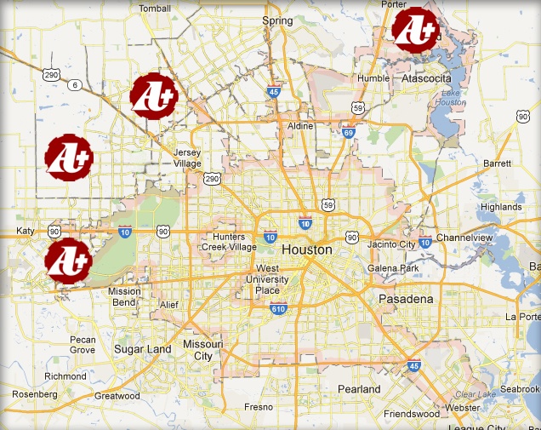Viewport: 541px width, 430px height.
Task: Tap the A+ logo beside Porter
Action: tap(414, 28)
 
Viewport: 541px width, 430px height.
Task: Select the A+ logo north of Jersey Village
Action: tap(153, 95)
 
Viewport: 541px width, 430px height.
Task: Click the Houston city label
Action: tap(307, 250)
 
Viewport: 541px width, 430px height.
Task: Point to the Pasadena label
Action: tap(407, 299)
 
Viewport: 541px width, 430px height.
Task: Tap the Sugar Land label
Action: tap(143, 349)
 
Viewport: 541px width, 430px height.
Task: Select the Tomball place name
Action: tap(155, 9)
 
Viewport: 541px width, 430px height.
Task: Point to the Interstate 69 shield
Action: tap(349, 132)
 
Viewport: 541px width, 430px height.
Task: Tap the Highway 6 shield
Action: tap(75, 84)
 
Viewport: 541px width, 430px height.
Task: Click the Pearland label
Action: tap(359, 389)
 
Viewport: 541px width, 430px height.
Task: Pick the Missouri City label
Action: tap(202, 350)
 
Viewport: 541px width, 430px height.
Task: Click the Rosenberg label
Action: tap(35, 394)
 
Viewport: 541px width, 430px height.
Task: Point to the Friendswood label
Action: tap(409, 413)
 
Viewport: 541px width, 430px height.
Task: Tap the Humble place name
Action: tap(373, 78)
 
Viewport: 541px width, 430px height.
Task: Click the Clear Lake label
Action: tap(474, 395)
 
